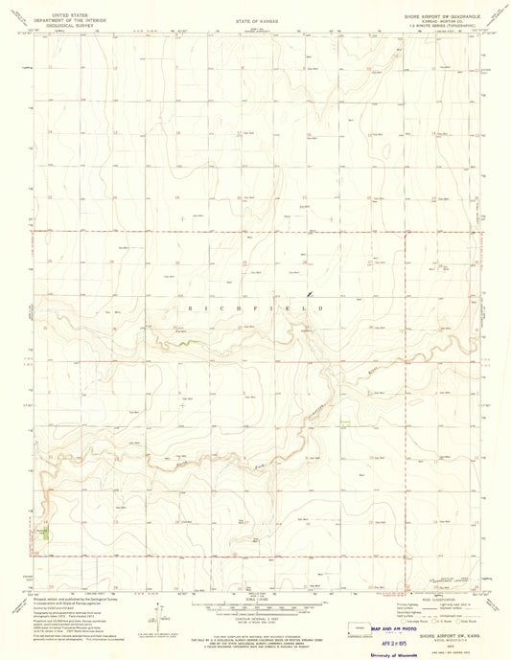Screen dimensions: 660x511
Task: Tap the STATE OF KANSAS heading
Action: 255,19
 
